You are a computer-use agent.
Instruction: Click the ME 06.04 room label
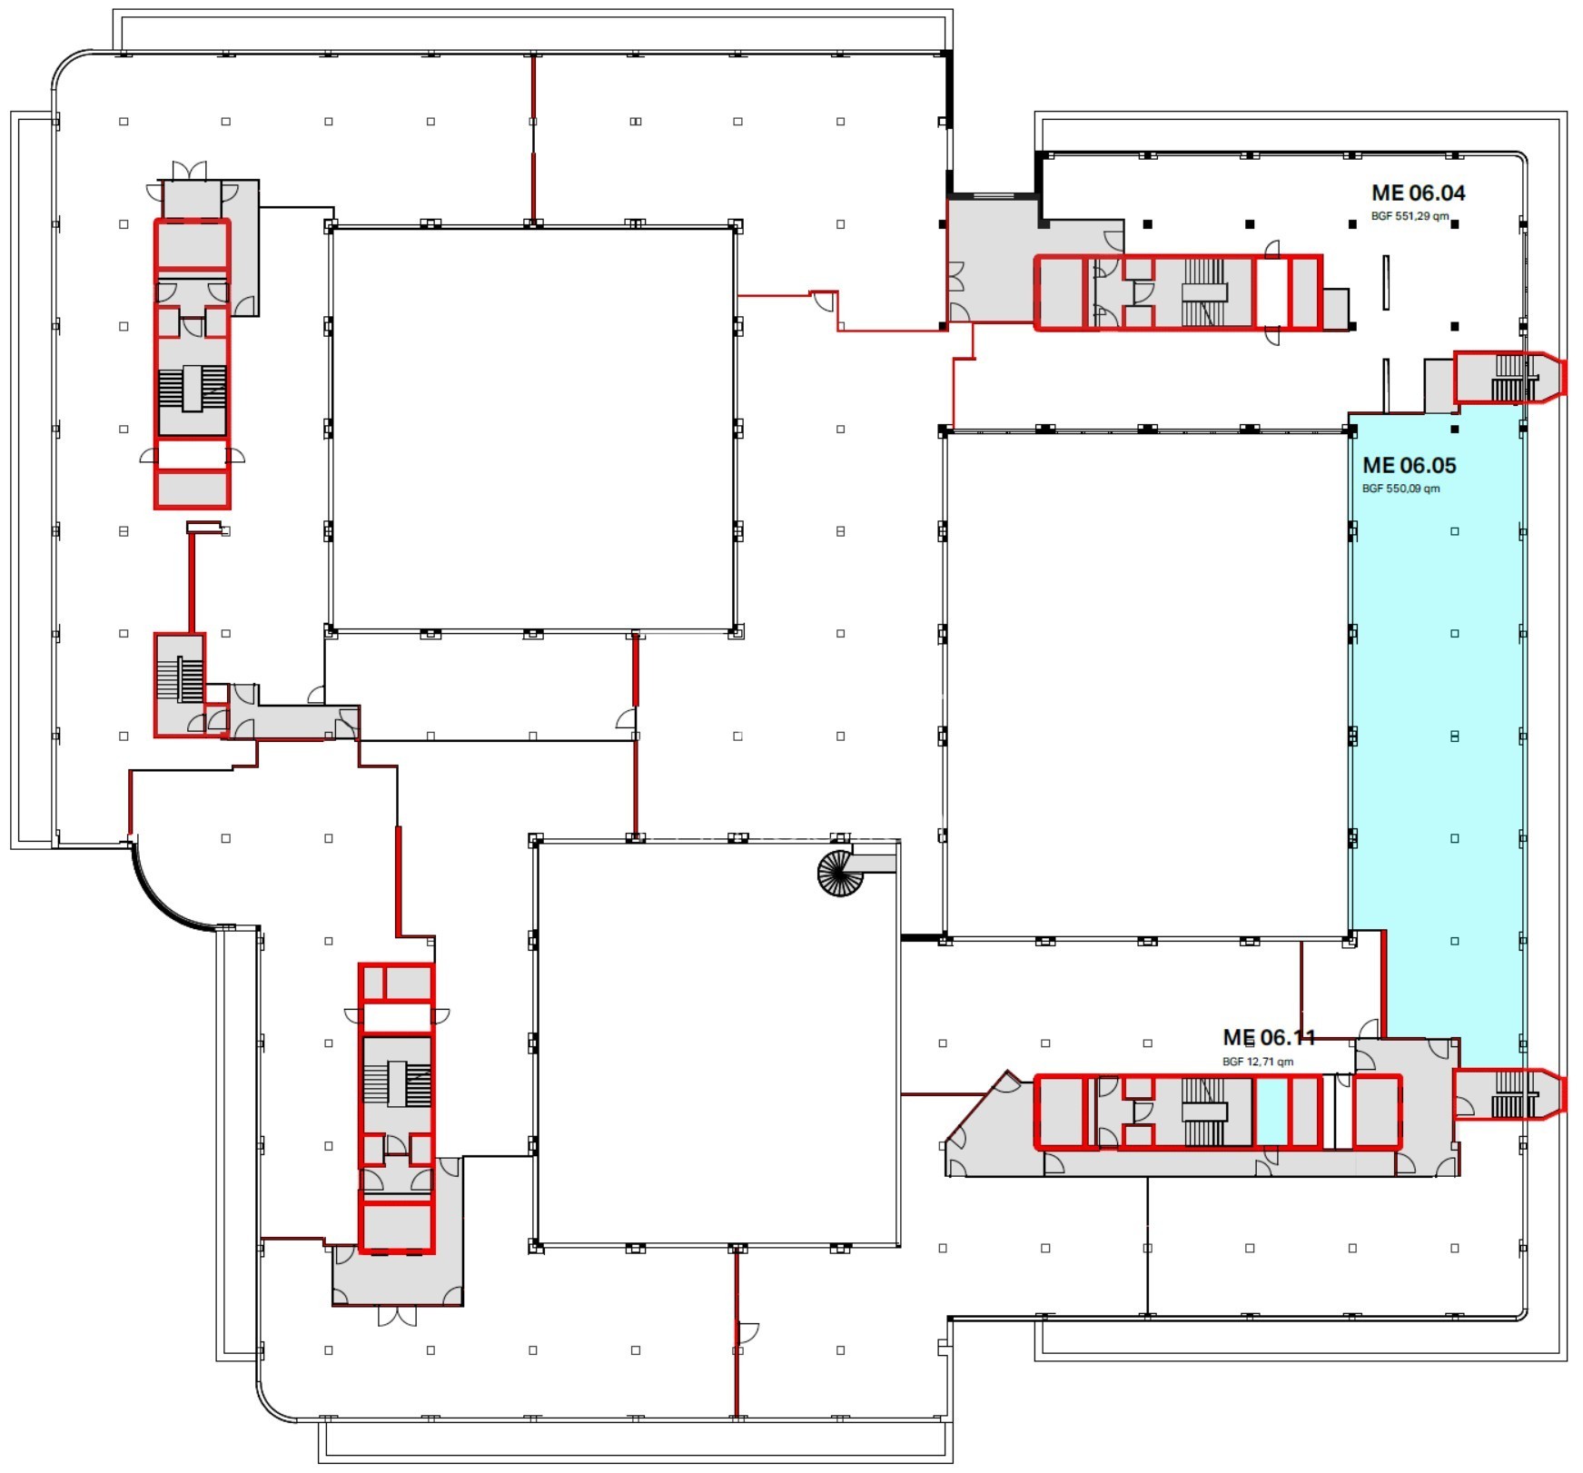(x=1418, y=193)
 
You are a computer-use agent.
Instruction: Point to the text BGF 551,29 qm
(x=1410, y=217)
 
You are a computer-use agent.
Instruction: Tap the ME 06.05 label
(x=1409, y=465)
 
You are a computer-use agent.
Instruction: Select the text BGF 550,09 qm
(x=1400, y=489)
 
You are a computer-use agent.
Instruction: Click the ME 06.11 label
(x=1269, y=1037)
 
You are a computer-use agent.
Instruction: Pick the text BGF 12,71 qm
(x=1257, y=1062)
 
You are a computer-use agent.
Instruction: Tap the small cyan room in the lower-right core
(x=1271, y=1111)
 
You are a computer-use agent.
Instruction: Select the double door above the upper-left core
(x=190, y=171)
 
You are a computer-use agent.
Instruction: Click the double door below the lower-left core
(x=397, y=1316)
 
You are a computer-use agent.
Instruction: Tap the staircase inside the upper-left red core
(x=192, y=389)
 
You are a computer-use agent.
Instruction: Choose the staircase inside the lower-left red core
(x=397, y=1083)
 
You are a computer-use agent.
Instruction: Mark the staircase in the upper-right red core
(x=1204, y=292)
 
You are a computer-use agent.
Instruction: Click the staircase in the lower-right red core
(x=1204, y=1112)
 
